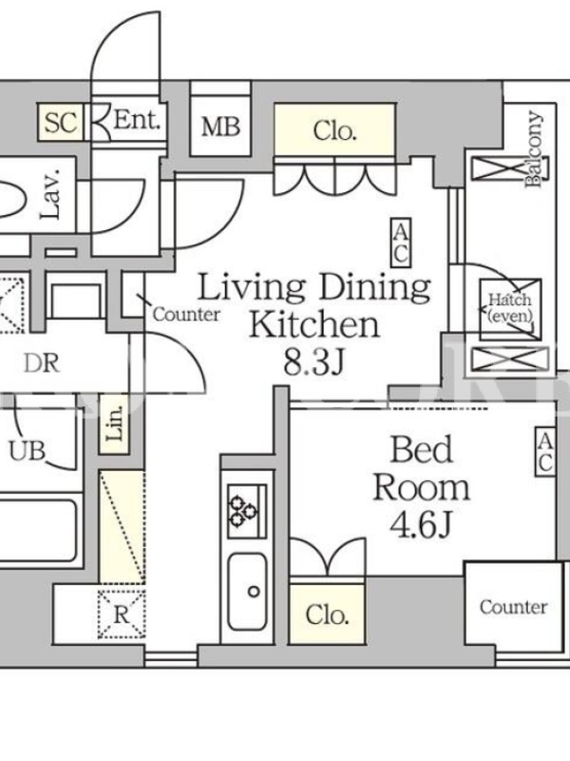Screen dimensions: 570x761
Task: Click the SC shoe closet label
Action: tap(61, 123)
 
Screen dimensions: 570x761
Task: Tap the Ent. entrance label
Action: tap(137, 120)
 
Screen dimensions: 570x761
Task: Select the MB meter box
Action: tap(220, 127)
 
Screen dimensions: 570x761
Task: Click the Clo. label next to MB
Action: tap(335, 131)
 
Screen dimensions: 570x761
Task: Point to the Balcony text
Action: tap(534, 149)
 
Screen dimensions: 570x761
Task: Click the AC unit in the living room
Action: tap(401, 243)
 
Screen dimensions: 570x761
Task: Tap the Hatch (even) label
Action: tap(510, 308)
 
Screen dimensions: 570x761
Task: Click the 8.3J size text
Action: tap(314, 361)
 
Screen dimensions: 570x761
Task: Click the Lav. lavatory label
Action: tap(50, 194)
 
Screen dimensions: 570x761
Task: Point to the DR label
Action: tap(42, 363)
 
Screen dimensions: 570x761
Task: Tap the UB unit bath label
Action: tap(28, 451)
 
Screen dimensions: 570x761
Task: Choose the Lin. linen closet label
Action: tap(114, 423)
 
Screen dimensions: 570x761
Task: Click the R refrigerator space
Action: tap(122, 615)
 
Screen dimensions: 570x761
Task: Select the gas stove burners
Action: tap(243, 512)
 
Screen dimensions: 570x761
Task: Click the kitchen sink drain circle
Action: tap(254, 592)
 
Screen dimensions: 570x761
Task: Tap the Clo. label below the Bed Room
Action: tap(327, 615)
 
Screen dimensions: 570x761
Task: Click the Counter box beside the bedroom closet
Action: tap(514, 604)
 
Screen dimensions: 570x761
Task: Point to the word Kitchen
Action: tap(314, 324)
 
